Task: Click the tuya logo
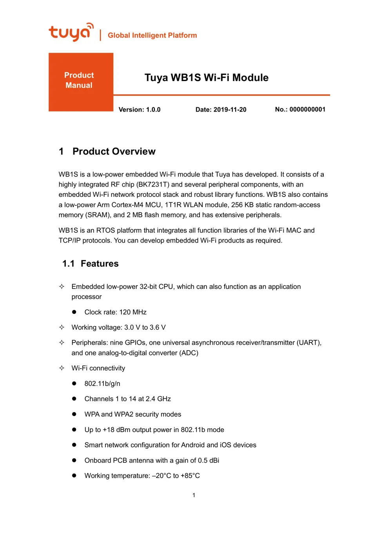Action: pyautogui.click(x=71, y=32)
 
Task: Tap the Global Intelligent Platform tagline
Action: pyautogui.click(x=152, y=35)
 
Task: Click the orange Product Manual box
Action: pyautogui.click(x=81, y=82)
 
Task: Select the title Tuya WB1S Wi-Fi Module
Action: pyautogui.click(x=206, y=78)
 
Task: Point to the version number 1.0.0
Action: pyautogui.click(x=153, y=110)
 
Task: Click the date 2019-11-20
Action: pyautogui.click(x=230, y=110)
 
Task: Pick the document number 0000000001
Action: pyautogui.click(x=307, y=110)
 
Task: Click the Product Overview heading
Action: pyautogui.click(x=114, y=151)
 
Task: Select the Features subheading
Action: pyautogui.click(x=100, y=263)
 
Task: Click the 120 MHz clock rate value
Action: pyautogui.click(x=133, y=312)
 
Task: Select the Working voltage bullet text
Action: pyautogui.click(x=118, y=327)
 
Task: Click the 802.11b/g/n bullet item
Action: pyautogui.click(x=102, y=384)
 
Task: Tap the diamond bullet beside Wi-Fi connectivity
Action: pyautogui.click(x=62, y=368)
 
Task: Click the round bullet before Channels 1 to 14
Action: pyautogui.click(x=74, y=399)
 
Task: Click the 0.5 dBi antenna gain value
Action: pyautogui.click(x=209, y=460)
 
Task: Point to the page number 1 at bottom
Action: pyautogui.click(x=194, y=495)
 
